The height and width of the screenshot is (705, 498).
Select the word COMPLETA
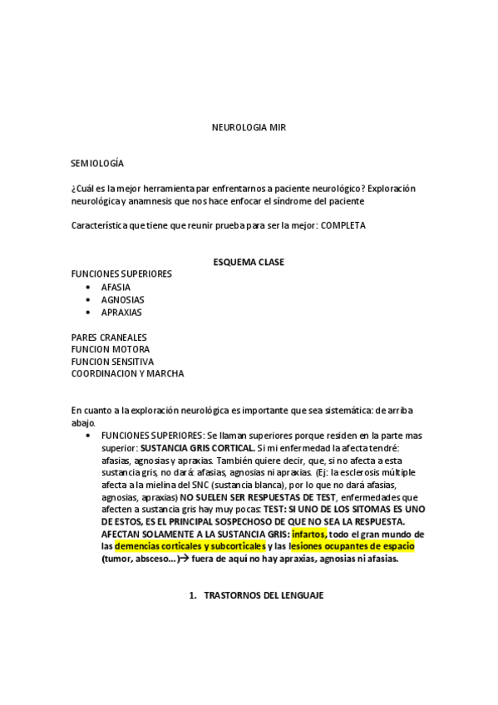[x=343, y=225]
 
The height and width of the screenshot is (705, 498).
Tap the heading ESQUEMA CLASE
[x=249, y=262]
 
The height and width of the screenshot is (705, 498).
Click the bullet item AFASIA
[x=116, y=287]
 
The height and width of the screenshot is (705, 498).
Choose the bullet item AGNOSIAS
[x=122, y=299]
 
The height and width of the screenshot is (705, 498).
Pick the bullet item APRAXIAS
[x=121, y=312]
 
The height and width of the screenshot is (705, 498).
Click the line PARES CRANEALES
[x=109, y=337]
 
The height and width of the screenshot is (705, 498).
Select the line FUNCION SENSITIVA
[x=112, y=362]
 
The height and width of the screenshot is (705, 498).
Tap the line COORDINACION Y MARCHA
[x=127, y=374]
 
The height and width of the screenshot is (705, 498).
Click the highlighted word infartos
[x=309, y=534]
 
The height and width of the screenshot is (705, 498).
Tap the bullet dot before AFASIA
[x=88, y=287]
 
